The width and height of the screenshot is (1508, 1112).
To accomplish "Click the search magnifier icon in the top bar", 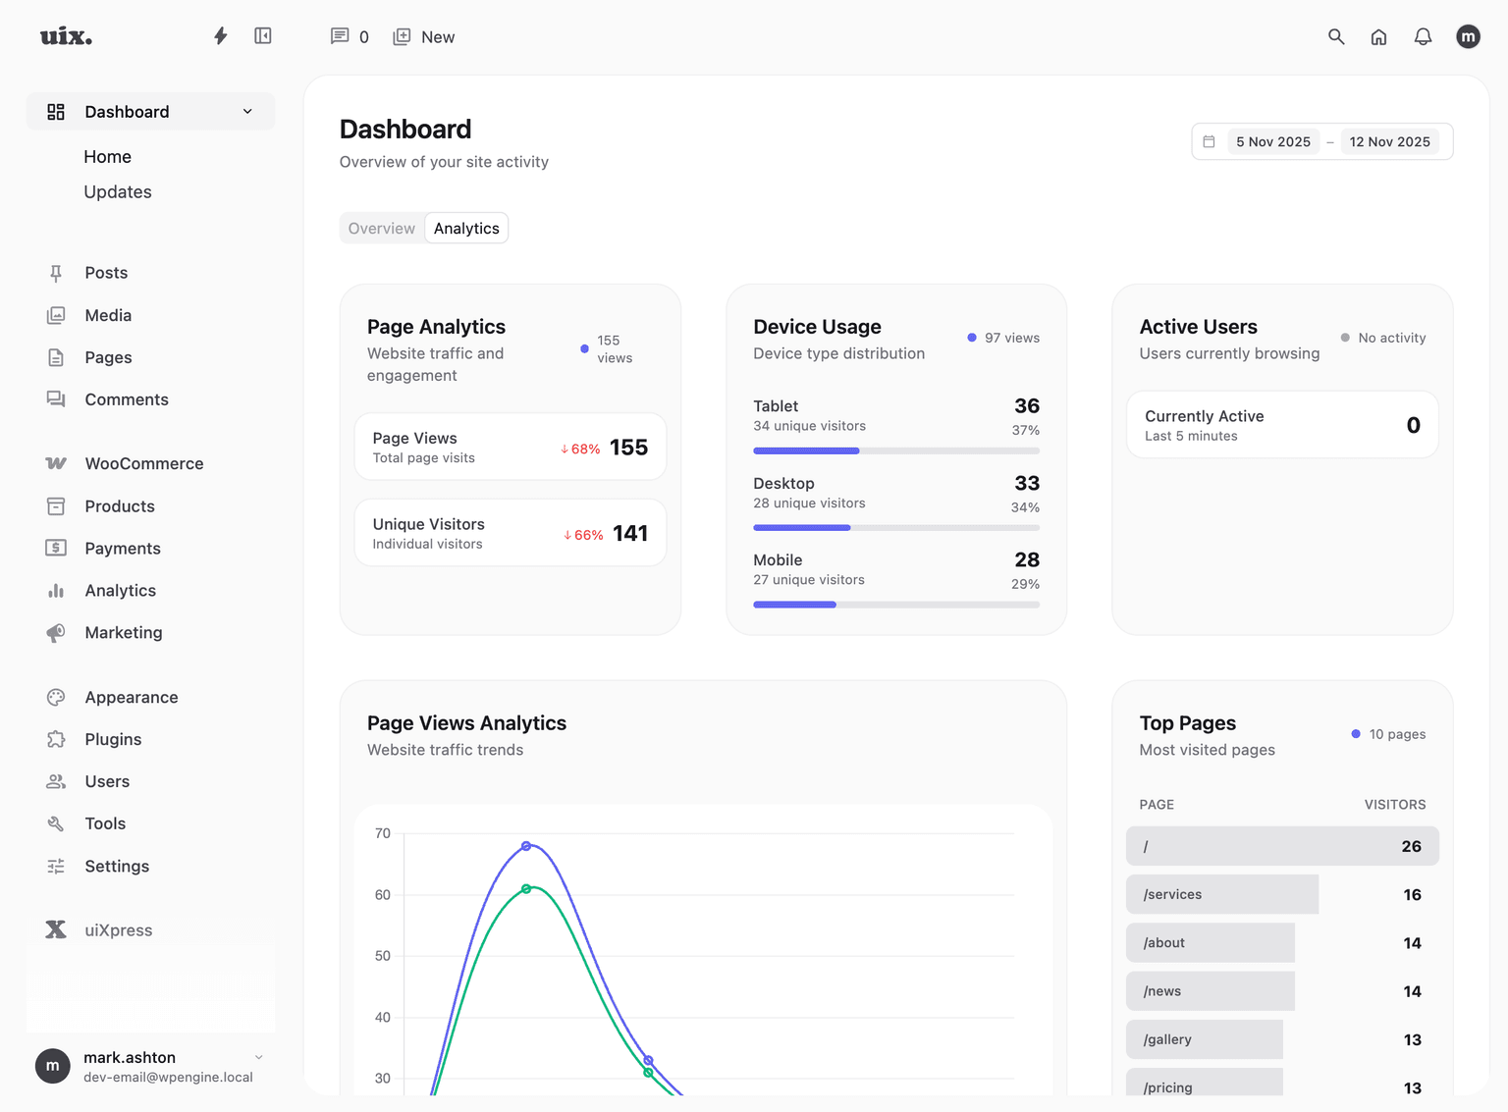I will pyautogui.click(x=1336, y=36).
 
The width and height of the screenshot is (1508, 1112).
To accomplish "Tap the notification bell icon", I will pyautogui.click(x=1423, y=36).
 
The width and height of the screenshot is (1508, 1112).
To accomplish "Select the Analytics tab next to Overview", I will pyautogui.click(x=466, y=229).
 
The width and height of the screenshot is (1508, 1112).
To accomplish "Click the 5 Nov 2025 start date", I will pyautogui.click(x=1272, y=142).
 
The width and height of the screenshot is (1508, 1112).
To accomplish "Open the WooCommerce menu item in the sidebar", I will pyautogui.click(x=143, y=463).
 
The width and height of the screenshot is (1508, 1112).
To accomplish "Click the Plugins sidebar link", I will pyautogui.click(x=113, y=739).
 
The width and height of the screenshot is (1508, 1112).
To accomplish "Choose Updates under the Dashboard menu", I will pyautogui.click(x=118, y=192).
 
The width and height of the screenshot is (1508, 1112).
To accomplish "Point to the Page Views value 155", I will pyautogui.click(x=628, y=448).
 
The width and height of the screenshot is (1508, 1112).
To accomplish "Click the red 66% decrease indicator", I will pyautogui.click(x=583, y=535).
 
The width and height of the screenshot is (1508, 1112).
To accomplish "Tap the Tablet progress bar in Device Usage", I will pyautogui.click(x=895, y=450).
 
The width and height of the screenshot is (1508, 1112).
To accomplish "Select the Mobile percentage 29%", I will pyautogui.click(x=1025, y=584).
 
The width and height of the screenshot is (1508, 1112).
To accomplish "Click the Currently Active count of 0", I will pyautogui.click(x=1413, y=425).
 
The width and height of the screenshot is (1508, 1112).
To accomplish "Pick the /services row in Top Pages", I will pyautogui.click(x=1222, y=894).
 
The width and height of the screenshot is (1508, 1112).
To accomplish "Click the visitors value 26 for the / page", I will pyautogui.click(x=1411, y=846).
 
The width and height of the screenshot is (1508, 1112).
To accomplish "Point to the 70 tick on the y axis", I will pyautogui.click(x=383, y=833).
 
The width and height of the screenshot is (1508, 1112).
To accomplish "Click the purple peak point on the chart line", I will pyautogui.click(x=526, y=846).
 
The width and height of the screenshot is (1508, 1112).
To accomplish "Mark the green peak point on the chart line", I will pyautogui.click(x=526, y=889).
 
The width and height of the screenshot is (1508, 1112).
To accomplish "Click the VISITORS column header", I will pyautogui.click(x=1394, y=805).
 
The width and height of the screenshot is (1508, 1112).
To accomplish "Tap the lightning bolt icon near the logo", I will pyautogui.click(x=221, y=36).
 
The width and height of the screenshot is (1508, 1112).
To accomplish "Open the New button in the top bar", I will pyautogui.click(x=424, y=37).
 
